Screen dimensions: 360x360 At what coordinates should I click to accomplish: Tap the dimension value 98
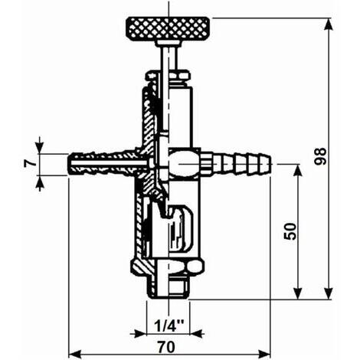[x=320, y=156]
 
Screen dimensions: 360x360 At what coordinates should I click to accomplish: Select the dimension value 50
[x=290, y=231]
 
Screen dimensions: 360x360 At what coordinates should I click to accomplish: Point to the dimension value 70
[x=166, y=347]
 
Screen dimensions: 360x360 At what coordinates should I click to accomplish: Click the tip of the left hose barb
[x=68, y=164]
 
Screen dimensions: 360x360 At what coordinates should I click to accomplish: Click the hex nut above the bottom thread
[x=168, y=268]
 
